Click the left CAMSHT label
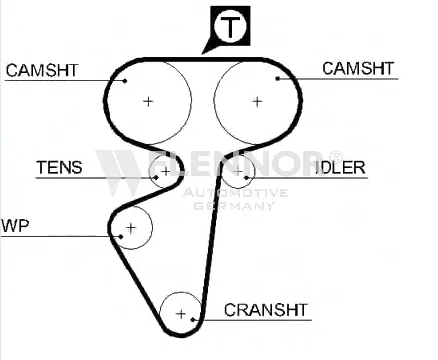[42, 70]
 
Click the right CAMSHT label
[357, 69]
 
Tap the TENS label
[59, 167]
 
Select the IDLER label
[340, 168]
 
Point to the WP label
[15, 226]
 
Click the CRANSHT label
[266, 310]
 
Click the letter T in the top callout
[230, 27]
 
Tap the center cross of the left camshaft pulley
[148, 101]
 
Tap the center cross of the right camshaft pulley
[257, 102]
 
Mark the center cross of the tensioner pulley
[165, 171]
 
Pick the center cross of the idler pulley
[238, 172]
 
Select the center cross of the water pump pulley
[131, 228]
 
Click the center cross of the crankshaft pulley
[181, 314]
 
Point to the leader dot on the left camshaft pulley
[125, 80]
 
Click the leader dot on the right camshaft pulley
[278, 79]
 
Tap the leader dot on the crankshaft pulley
[193, 320]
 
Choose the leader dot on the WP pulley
[121, 237]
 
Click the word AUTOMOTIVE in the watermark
[235, 193]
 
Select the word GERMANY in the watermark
[234, 206]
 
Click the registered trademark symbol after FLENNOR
[335, 156]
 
